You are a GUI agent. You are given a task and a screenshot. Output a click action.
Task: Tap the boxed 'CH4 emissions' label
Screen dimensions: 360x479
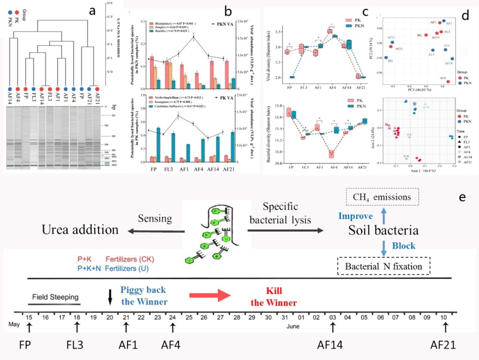pos(382,197)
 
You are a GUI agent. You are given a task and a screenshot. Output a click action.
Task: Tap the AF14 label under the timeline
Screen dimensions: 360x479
pos(332,345)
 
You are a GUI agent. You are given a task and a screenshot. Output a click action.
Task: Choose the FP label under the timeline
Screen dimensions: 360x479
pos(29,345)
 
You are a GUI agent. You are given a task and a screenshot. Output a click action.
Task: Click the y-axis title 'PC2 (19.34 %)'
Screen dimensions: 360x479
pos(379,49)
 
